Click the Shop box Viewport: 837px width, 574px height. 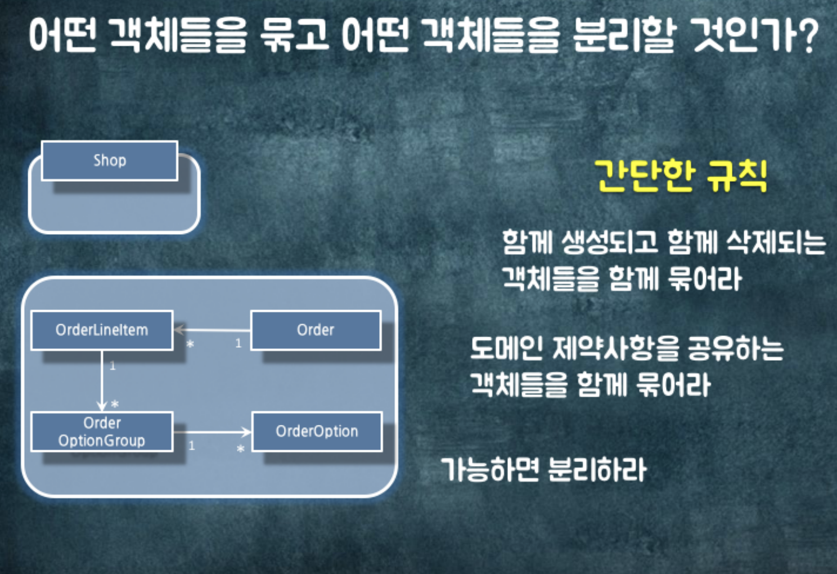(x=110, y=160)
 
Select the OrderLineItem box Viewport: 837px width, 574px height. (x=102, y=330)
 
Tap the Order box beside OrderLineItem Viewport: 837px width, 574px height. (x=316, y=330)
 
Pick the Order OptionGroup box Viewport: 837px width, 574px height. (x=102, y=432)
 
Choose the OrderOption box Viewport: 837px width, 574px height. (x=317, y=432)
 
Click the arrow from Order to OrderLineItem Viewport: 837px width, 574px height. (x=212, y=330)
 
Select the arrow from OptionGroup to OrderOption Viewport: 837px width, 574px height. (x=212, y=432)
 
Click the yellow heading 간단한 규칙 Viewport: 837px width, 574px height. (x=681, y=176)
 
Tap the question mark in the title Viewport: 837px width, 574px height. (x=809, y=35)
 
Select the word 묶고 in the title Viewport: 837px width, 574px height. (x=294, y=35)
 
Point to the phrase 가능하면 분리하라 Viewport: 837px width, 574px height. (x=544, y=469)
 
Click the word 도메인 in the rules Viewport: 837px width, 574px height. (x=506, y=348)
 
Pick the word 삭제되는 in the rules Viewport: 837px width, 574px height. (x=776, y=243)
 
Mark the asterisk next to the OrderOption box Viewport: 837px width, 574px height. (x=240, y=449)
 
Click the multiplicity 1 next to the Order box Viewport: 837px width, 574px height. (x=238, y=343)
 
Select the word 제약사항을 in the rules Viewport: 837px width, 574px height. (x=615, y=348)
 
